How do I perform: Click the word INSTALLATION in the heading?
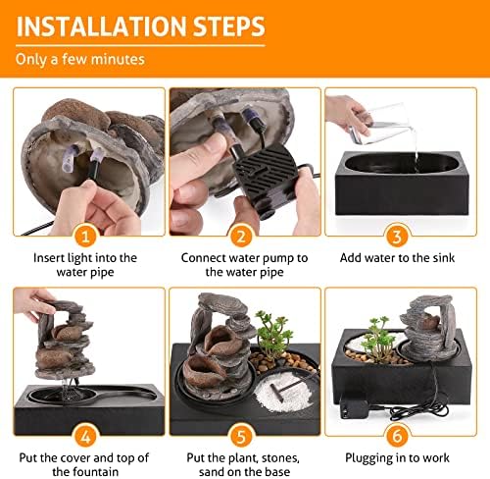click(101, 27)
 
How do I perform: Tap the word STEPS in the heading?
click(228, 27)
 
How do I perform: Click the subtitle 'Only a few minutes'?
click(80, 60)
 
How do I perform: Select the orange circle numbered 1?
click(85, 237)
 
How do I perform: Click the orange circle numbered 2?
click(241, 237)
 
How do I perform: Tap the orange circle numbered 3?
click(397, 237)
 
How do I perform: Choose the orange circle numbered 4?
click(85, 436)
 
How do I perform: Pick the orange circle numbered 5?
click(241, 436)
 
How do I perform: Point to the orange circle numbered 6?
click(397, 436)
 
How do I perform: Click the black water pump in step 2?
click(265, 179)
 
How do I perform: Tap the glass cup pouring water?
click(380, 125)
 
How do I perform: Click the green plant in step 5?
click(272, 334)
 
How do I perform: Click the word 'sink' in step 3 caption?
click(444, 258)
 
